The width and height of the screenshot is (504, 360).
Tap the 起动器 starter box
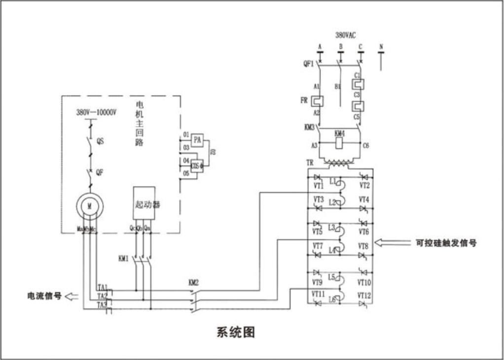[144, 203]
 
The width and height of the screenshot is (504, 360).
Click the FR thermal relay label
[304, 100]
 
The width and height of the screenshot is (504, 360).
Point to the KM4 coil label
[340, 134]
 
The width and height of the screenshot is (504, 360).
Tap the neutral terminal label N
[381, 47]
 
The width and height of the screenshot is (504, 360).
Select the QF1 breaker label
[308, 63]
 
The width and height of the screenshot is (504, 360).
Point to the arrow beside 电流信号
[72, 296]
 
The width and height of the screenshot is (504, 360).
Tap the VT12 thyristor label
[364, 295]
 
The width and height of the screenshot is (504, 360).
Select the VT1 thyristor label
[319, 186]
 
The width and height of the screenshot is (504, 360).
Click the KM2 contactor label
[194, 283]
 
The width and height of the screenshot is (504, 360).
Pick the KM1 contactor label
[123, 258]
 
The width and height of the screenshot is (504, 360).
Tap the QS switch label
[100, 141]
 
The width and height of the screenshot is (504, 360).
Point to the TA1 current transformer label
[103, 287]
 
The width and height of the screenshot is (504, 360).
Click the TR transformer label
[309, 162]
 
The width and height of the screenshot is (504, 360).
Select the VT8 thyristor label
[364, 246]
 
